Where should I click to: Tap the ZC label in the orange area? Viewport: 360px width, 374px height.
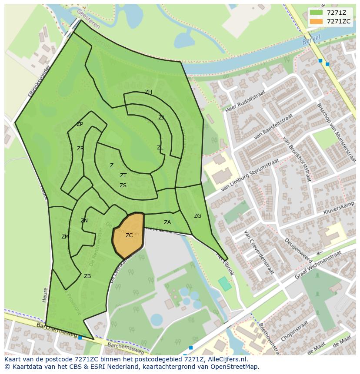coord(129,235)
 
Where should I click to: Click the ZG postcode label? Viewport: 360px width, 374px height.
coord(197,216)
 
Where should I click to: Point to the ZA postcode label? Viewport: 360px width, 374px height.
coord(167,222)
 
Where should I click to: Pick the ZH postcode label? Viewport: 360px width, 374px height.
coord(148,92)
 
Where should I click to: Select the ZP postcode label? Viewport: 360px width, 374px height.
coord(80,124)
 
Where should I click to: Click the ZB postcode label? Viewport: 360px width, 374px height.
coord(87,276)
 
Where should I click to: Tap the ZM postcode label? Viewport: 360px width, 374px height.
coord(65,237)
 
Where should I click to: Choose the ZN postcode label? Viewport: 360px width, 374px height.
coord(84,221)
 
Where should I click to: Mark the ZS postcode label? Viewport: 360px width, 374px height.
coord(123,185)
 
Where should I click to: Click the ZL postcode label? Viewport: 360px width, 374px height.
coord(160,148)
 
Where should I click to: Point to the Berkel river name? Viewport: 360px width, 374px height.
coord(310,41)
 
